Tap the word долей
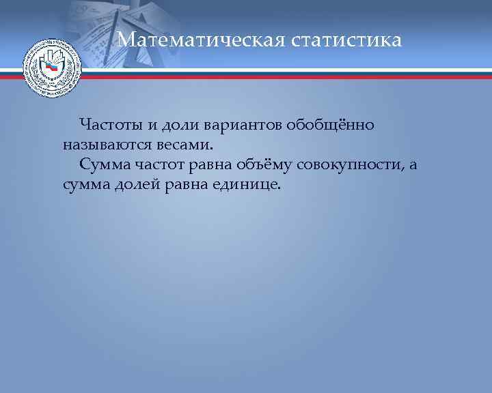[x=136, y=185]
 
